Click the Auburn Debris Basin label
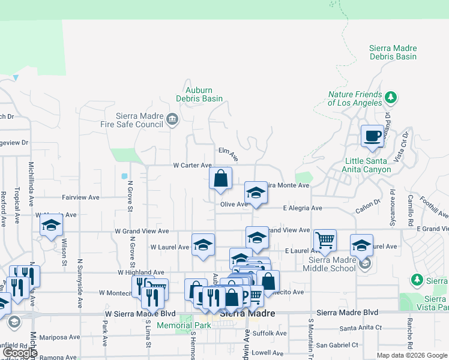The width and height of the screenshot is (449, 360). [199, 94]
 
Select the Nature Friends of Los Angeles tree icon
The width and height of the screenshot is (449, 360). [391, 96]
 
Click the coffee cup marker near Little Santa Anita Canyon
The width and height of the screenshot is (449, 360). [373, 136]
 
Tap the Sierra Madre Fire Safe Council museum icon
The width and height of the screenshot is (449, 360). [172, 119]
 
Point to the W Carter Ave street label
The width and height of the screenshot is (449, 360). [192, 165]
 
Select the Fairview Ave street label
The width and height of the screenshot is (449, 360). [80, 197]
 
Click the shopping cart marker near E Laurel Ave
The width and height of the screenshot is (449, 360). [324, 240]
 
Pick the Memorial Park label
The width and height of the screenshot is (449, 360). [184, 325]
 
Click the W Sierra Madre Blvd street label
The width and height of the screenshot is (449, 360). [140, 313]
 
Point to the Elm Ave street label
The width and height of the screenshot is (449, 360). [229, 154]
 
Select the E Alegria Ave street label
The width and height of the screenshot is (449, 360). [303, 208]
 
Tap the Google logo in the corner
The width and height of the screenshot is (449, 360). [20, 353]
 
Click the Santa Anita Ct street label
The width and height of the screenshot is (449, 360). [361, 328]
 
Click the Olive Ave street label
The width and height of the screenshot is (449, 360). [234, 204]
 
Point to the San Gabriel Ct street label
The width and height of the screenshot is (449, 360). [337, 345]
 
